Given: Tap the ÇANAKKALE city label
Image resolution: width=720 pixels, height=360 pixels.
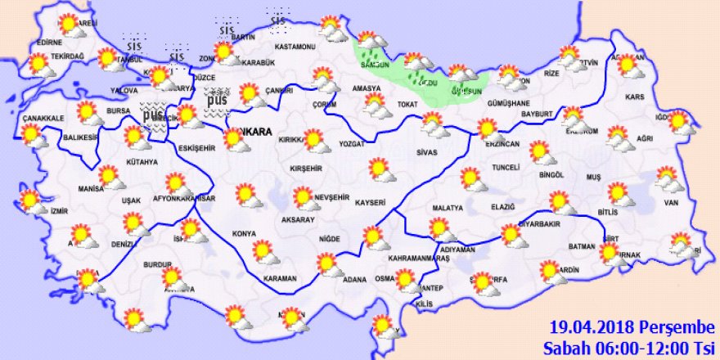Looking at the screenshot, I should (x=43, y=119).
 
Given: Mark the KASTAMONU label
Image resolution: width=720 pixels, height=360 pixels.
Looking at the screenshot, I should (x=295, y=47).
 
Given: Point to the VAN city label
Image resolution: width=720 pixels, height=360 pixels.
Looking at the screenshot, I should (x=673, y=202).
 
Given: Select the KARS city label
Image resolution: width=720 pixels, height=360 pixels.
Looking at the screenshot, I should (x=634, y=97).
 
